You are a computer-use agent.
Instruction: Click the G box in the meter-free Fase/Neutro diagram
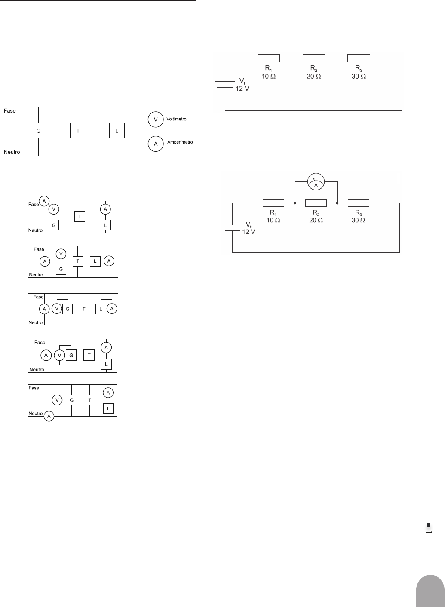[x=39, y=131]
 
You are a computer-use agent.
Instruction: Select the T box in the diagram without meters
[x=78, y=131]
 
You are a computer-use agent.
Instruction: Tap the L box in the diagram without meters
[x=117, y=131]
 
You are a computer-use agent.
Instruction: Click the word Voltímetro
[x=176, y=119]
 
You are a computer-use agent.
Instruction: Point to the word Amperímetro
[x=180, y=142]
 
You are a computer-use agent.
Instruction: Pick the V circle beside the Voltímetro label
[x=156, y=119]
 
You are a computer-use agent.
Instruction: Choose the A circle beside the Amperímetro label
[x=156, y=144]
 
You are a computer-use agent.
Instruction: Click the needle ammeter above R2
[x=316, y=181]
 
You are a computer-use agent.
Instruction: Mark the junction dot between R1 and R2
[x=295, y=203]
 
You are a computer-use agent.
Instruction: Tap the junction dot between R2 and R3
[x=338, y=203]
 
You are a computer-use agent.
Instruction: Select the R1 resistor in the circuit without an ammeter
[x=269, y=58]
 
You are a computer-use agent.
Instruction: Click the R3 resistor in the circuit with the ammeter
[x=359, y=203]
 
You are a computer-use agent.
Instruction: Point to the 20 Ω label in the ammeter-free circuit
[x=314, y=77]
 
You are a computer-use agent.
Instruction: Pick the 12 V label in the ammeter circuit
[x=249, y=232]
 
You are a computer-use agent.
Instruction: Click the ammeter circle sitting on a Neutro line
[x=49, y=416]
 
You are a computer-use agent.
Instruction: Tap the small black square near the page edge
[x=429, y=525]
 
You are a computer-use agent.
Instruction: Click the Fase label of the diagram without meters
[x=10, y=111]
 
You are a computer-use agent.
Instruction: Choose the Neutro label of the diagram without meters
[x=12, y=152]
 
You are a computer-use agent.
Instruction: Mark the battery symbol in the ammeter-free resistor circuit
[x=225, y=85]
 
